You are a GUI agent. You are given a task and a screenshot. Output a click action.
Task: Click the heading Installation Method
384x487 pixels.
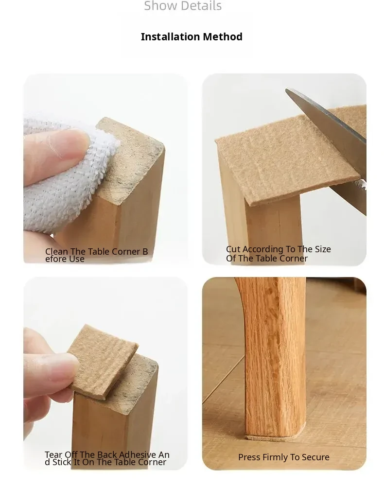192,36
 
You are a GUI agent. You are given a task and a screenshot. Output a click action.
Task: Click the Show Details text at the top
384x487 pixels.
183,6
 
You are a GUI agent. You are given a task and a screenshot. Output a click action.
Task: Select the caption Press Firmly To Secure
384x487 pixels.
284,457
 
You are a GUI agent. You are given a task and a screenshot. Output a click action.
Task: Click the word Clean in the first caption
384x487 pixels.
56,252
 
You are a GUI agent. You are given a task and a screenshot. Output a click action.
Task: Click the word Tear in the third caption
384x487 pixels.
53,455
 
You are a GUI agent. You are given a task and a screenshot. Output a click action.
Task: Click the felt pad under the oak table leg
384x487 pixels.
273,438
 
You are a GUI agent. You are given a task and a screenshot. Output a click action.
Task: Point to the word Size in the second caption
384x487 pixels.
322,249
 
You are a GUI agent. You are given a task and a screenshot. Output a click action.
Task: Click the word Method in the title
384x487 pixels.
223,36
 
